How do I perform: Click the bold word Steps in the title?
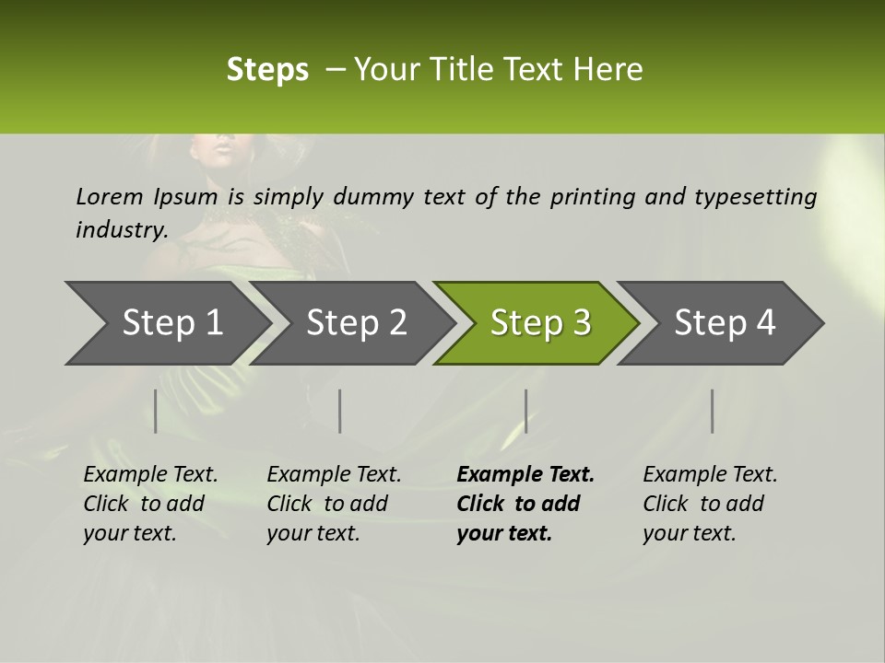[267, 70]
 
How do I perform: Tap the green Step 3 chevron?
[540, 323]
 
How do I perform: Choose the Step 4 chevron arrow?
[725, 323]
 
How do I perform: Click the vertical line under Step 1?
[156, 411]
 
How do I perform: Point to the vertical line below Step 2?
[340, 411]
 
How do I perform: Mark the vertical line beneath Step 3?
[525, 411]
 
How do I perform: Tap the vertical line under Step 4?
[712, 411]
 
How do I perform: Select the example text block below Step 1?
[150, 504]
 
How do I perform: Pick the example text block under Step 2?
[334, 504]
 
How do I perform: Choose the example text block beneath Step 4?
[710, 504]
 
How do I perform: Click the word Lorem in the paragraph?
[110, 197]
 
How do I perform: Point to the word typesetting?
[755, 197]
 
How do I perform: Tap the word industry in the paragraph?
[122, 230]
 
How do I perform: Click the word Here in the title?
[608, 70]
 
